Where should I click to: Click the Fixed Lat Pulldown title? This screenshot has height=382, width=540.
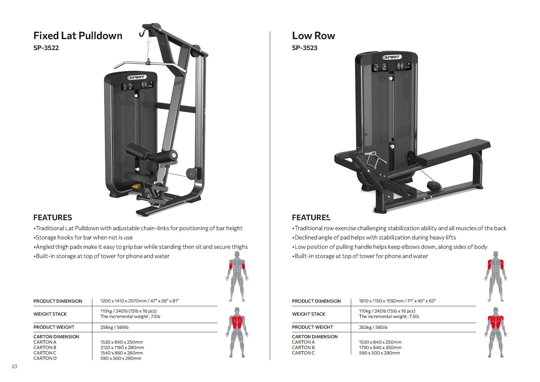click(x=78, y=36)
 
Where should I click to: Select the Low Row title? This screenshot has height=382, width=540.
click(x=313, y=36)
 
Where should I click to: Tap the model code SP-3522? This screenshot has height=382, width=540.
click(x=46, y=48)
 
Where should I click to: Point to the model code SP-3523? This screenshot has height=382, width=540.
click(x=304, y=48)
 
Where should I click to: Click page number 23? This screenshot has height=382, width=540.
click(x=14, y=366)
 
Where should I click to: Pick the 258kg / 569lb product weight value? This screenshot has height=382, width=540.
click(x=114, y=327)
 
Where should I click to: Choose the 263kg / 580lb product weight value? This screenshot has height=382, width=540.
click(x=373, y=327)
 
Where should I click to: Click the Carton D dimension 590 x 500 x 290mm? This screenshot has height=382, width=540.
click(x=121, y=358)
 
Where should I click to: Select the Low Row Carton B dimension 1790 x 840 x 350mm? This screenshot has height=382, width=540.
click(x=380, y=348)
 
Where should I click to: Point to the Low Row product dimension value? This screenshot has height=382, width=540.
click(x=397, y=301)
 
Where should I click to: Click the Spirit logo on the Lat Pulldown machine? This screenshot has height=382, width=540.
click(x=137, y=77)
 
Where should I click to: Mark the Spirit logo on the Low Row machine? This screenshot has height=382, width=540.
click(x=392, y=57)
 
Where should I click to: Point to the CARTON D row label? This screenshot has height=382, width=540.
click(x=45, y=358)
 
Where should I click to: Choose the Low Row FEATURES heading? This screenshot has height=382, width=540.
click(x=311, y=218)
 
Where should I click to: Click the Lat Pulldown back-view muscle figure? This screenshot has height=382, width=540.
click(x=237, y=332)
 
